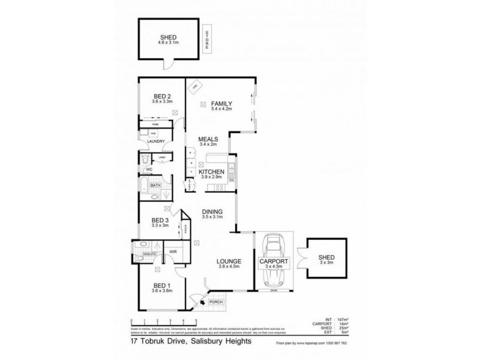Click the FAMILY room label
[221, 103]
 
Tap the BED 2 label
[163, 97]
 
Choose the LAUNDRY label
[155, 141]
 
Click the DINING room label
[212, 211]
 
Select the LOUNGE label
[229, 262]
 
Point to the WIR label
[173, 251]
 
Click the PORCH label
[216, 302]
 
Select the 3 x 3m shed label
[327, 263]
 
